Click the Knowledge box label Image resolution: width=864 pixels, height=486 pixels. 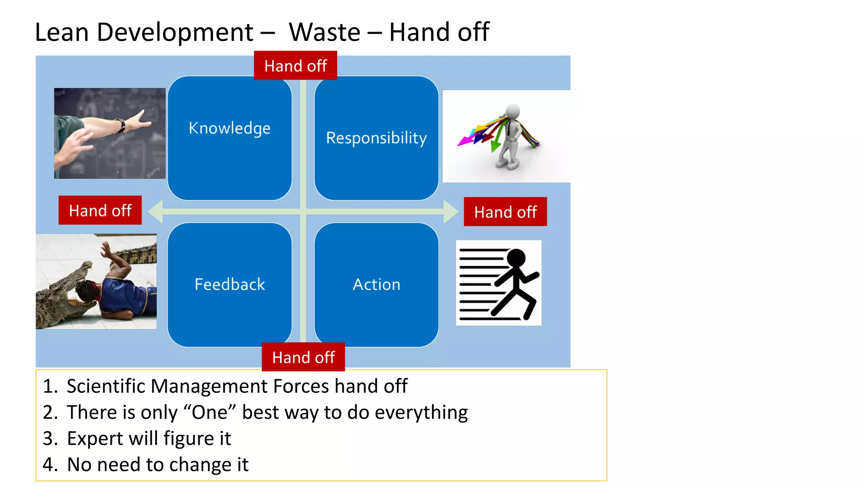pos(229,128)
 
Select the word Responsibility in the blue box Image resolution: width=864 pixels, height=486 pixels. pos(376,138)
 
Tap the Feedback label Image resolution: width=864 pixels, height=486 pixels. pos(229,284)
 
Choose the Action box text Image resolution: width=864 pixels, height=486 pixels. pos(376,284)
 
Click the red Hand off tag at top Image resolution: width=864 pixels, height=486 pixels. pos(295,66)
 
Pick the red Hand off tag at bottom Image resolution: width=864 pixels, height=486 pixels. pos(303,357)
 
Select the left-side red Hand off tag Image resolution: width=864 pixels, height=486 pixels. pos(100,210)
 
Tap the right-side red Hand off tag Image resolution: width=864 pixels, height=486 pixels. pos(505,212)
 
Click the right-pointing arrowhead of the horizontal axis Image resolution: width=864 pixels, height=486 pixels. pos(451,211)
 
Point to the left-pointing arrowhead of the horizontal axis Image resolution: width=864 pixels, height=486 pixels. pos(156,211)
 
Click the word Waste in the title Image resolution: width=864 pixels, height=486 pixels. pos(324,32)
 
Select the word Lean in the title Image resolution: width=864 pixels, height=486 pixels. pos(62,32)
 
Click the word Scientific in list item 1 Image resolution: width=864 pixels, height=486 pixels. pos(105,386)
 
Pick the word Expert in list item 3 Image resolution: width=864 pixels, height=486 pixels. pos(95,438)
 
